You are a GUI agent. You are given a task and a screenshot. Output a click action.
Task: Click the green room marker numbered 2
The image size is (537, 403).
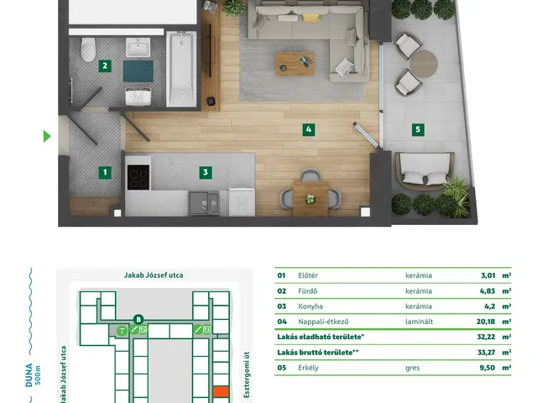click(x=105, y=65)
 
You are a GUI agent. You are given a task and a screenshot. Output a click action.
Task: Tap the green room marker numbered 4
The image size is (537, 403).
click(x=309, y=129)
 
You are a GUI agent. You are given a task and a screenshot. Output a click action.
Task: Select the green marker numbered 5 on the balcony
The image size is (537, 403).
click(x=418, y=129)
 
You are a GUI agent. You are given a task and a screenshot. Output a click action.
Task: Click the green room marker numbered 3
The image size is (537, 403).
click(x=206, y=172)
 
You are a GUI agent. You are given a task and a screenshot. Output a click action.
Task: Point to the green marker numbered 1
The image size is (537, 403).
click(x=105, y=172)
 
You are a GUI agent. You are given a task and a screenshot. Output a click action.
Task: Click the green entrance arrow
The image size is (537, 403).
click(x=47, y=136)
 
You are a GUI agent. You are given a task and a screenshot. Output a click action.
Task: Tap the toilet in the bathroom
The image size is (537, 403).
click(x=88, y=50)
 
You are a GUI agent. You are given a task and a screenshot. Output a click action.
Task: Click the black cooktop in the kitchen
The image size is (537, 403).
click(x=138, y=177)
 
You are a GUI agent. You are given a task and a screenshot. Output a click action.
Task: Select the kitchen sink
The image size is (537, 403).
click(x=204, y=203)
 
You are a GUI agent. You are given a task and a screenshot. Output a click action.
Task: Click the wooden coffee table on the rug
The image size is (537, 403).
click(x=295, y=64)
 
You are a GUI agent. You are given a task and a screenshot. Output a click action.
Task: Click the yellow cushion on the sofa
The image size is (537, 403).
click(x=311, y=18)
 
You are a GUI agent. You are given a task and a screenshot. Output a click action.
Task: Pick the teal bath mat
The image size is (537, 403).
click(x=138, y=71)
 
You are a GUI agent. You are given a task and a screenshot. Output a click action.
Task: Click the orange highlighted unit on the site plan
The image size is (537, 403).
click(x=221, y=391)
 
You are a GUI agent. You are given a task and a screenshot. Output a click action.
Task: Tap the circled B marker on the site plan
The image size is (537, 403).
click(x=138, y=320)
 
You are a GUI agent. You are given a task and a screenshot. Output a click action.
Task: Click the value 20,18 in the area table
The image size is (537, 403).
click(x=486, y=322)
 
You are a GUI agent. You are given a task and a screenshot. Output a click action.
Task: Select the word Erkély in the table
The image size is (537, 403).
click(x=308, y=368)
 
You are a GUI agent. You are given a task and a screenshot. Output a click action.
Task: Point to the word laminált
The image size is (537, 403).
click(x=420, y=322)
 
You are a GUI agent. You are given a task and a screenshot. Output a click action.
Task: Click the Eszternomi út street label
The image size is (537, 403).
click(x=247, y=374)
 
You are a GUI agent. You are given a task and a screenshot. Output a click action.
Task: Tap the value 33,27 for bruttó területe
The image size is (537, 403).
click(x=487, y=353)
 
